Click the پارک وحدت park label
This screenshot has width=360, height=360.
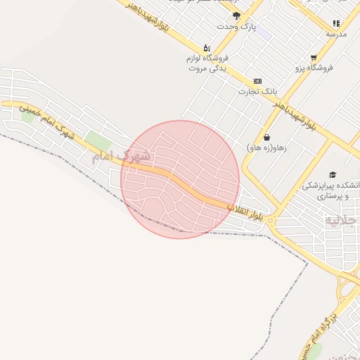coord(234,27)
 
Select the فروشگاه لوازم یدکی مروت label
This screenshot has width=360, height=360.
coord(207,64)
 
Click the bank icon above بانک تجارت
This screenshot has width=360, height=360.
coord(257,81)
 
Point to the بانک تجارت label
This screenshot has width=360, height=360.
coord(258,91)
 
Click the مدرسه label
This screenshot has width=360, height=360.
coord(336,33)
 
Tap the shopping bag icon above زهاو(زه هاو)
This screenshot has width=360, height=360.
coord(266,137)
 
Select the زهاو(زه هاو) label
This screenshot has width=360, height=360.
coord(264,148)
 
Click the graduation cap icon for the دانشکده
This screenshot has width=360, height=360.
coord(332,174)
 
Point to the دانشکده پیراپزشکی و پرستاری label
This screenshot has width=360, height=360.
coord(327,191)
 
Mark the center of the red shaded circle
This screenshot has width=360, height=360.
coord(180,179)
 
